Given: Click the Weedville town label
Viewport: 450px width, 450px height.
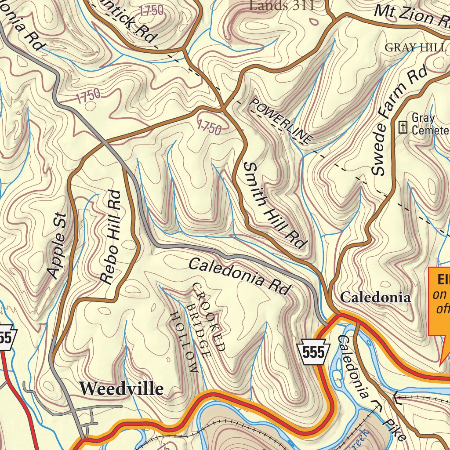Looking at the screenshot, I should click(121, 388).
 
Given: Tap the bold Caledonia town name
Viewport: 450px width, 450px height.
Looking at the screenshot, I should click(376, 297).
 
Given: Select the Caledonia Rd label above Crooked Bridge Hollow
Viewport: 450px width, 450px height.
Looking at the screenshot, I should click(240, 276).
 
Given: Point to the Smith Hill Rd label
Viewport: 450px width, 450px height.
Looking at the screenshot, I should click(274, 205).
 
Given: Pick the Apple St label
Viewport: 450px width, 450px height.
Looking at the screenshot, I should click(58, 246).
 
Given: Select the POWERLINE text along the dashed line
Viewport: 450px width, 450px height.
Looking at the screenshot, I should click(281, 120).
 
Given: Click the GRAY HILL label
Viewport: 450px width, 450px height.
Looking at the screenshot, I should click(415, 47).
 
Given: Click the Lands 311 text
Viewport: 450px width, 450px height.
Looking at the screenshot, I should click(282, 5).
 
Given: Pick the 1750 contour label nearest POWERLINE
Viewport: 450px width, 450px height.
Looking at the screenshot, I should click(209, 127).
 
